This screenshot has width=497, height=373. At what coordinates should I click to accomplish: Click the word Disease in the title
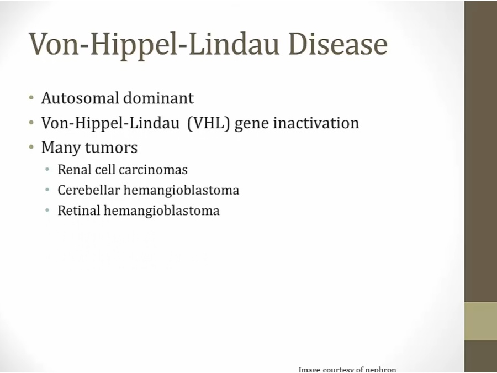point(338,44)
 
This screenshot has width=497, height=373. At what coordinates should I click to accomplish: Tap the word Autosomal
point(80,98)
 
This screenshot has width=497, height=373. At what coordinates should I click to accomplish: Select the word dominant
point(158,98)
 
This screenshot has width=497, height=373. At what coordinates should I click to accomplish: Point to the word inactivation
point(316,123)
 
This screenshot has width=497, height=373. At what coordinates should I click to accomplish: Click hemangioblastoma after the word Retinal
point(162,211)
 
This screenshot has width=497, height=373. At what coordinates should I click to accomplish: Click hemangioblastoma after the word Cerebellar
point(181,191)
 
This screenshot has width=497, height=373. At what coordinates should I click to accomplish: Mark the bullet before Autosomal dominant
point(31,97)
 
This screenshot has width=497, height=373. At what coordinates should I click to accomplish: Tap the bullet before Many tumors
point(31,147)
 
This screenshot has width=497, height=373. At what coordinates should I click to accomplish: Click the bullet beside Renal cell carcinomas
point(47,170)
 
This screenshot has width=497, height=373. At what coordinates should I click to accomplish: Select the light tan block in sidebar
point(480,321)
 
